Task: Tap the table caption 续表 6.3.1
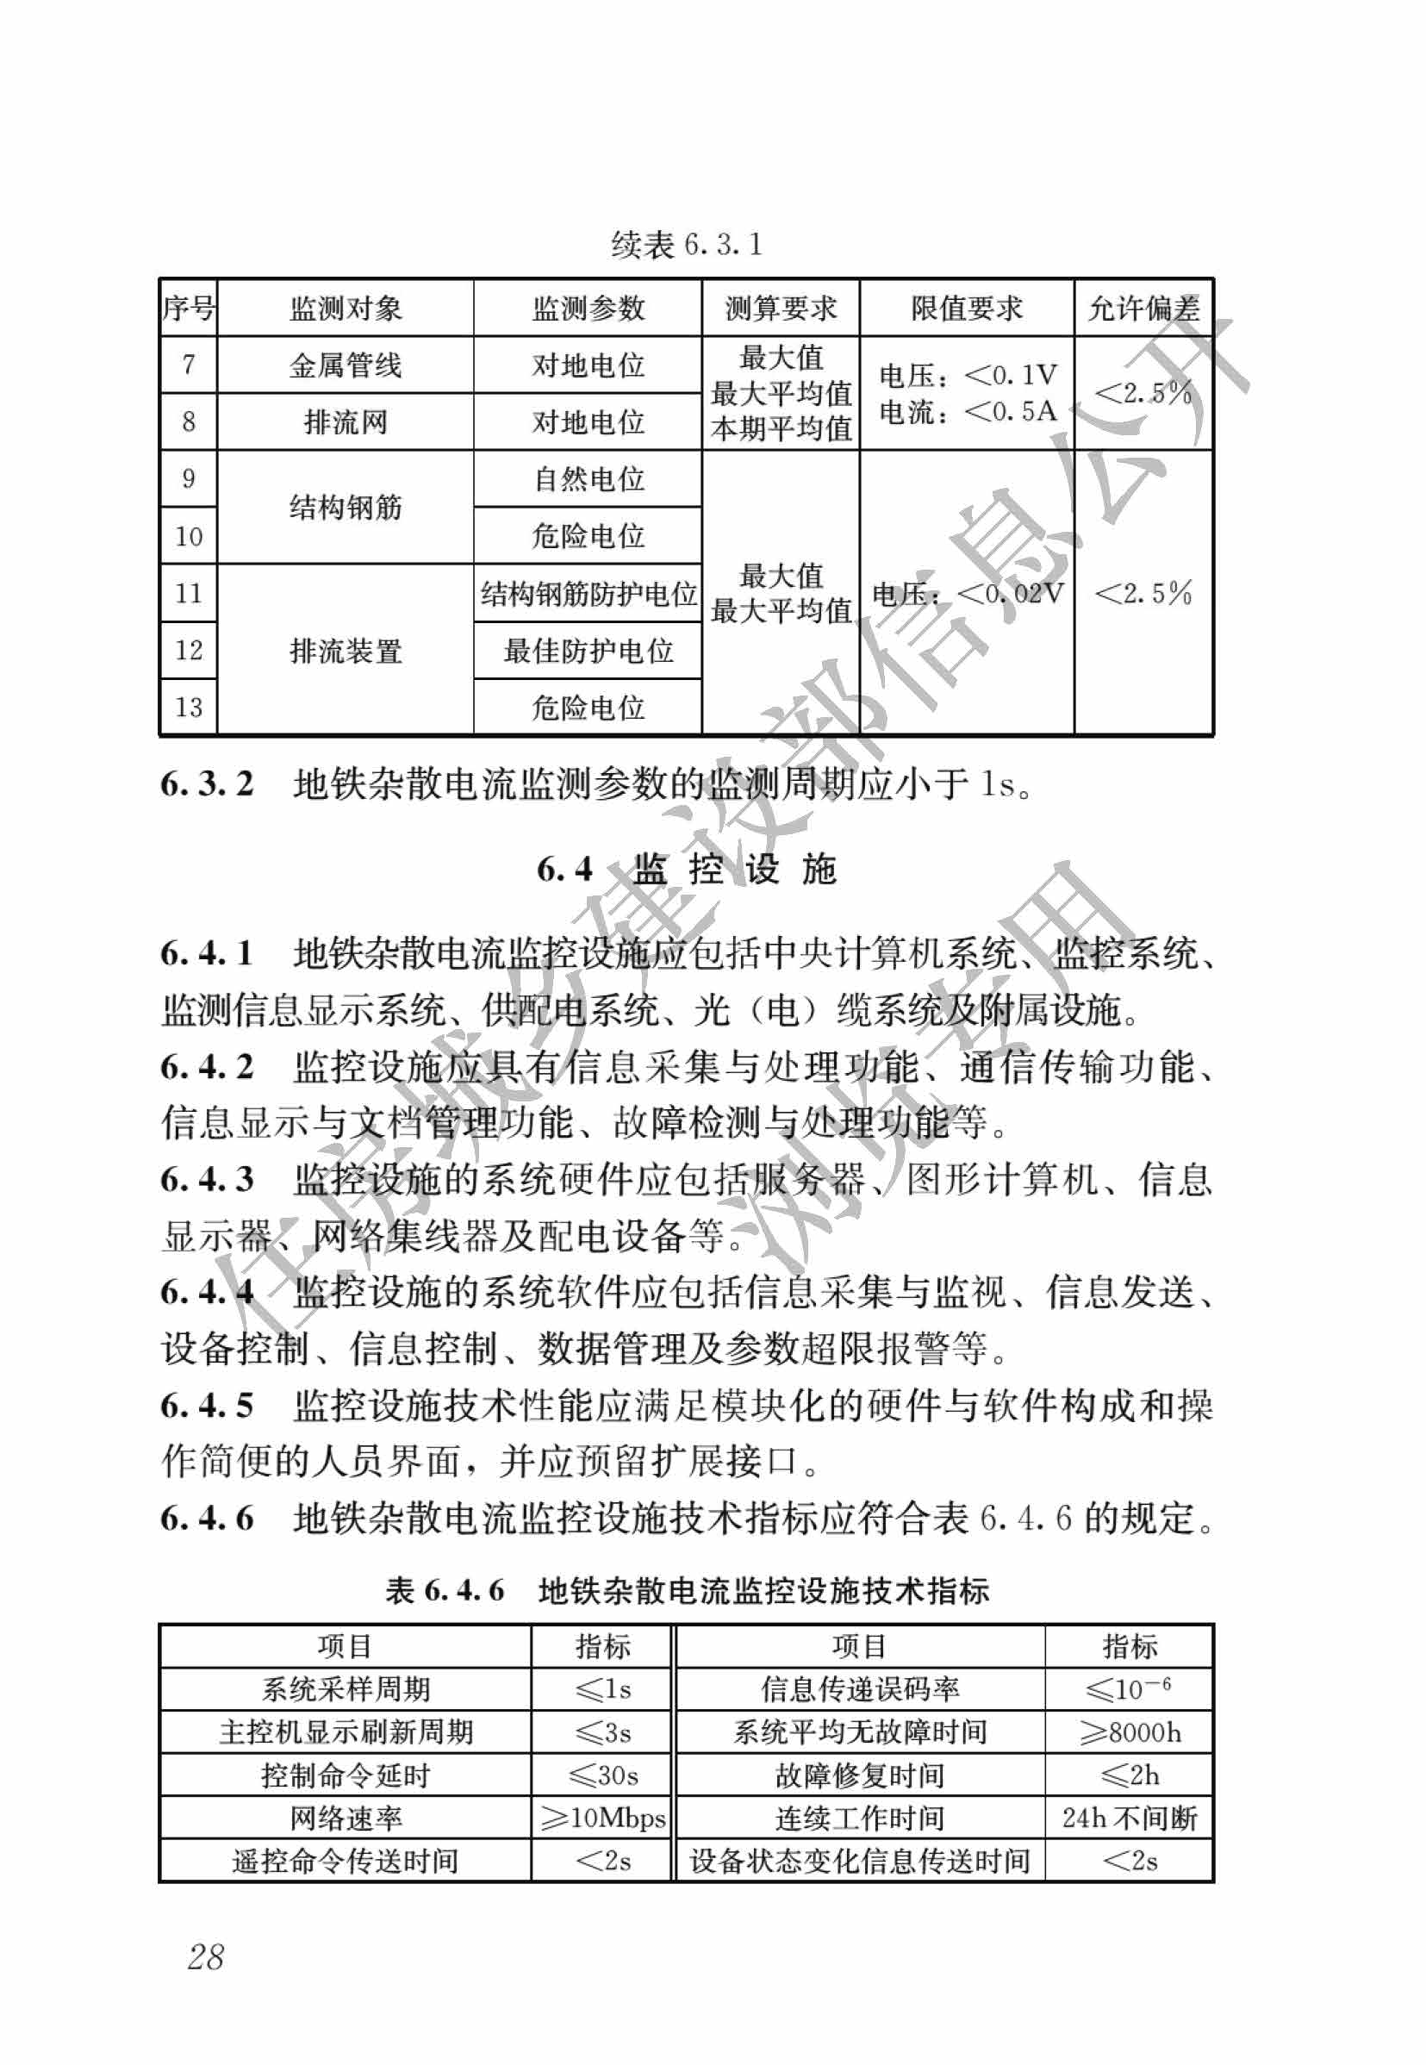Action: click(x=686, y=244)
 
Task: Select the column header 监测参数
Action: click(x=588, y=309)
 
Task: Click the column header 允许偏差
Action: click(x=1143, y=309)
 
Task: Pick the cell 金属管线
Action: click(x=345, y=365)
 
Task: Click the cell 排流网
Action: click(x=345, y=421)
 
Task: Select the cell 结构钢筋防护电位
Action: click(x=588, y=593)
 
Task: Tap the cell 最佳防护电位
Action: click(x=588, y=651)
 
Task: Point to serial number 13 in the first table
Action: click(x=189, y=708)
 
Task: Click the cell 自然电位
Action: click(x=588, y=479)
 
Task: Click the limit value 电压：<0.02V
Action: click(x=967, y=593)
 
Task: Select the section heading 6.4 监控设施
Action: click(x=686, y=869)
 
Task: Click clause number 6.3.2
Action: click(x=208, y=783)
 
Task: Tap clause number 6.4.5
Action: click(x=208, y=1405)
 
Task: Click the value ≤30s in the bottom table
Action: click(x=603, y=1775)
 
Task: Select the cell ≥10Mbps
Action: click(x=603, y=1818)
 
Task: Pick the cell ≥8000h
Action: click(x=1130, y=1731)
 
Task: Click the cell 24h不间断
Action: click(x=1130, y=1818)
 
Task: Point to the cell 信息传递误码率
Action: click(x=860, y=1689)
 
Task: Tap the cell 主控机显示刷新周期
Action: click(x=345, y=1731)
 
